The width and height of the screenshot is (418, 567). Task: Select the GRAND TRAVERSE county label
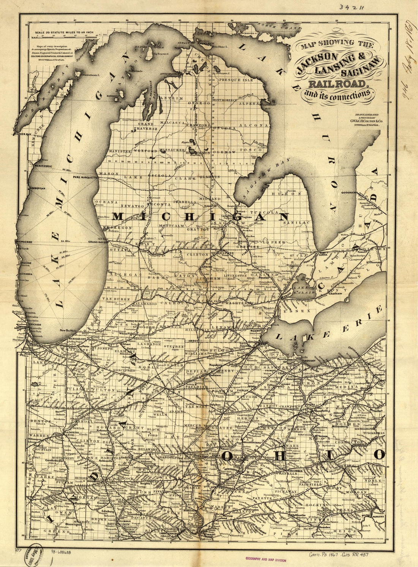coord(147,126)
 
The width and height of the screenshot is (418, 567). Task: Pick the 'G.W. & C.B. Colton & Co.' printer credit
coord(366,120)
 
